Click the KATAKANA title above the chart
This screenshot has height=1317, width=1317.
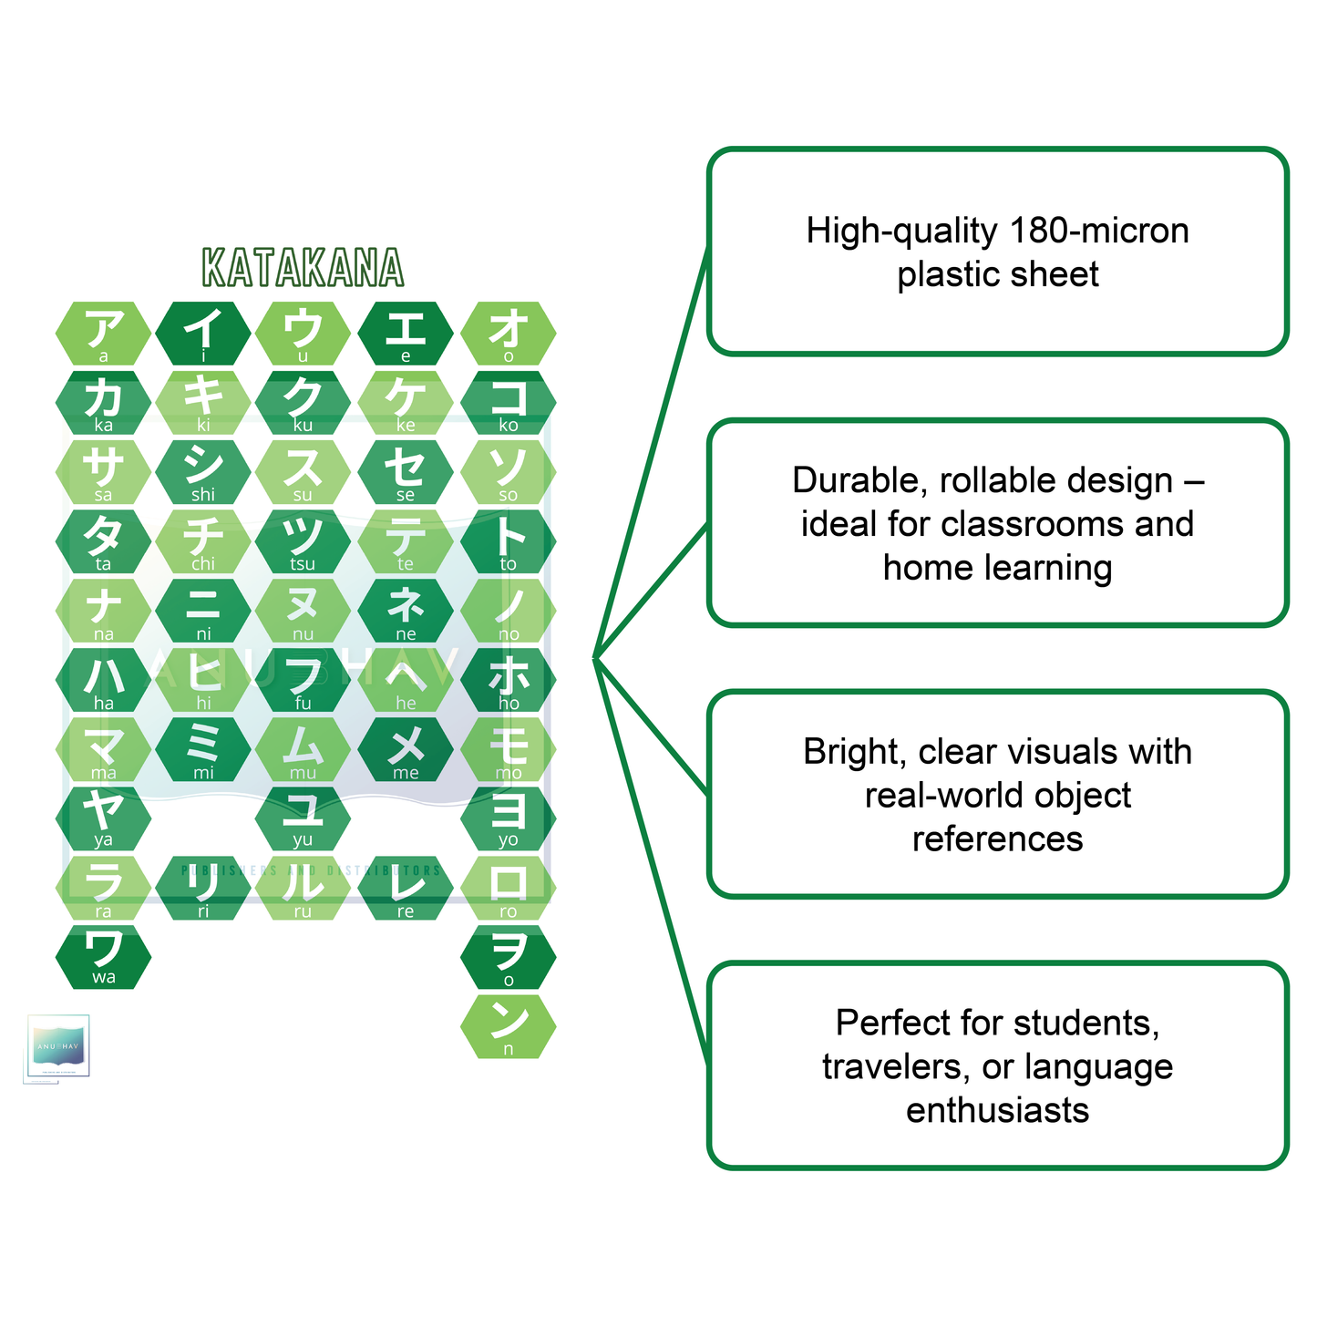click(x=303, y=268)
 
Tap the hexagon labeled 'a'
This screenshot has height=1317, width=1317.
click(x=103, y=334)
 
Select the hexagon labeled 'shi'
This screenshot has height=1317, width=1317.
click(x=203, y=472)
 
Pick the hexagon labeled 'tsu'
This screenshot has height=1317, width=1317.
click(x=303, y=541)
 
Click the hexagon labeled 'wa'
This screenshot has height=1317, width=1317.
click(x=103, y=957)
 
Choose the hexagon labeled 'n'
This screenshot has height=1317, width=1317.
click(x=508, y=1026)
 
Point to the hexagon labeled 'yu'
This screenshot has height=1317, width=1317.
click(x=303, y=818)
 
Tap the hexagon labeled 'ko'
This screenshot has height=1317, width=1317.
click(x=508, y=403)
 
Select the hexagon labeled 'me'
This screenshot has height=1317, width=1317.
click(x=406, y=749)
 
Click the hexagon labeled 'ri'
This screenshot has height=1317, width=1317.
click(x=203, y=888)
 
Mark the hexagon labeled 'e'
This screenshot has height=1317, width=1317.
click(x=406, y=334)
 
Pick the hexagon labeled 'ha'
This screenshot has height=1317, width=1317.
click(x=103, y=680)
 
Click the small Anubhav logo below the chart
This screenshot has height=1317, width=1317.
click(x=57, y=1048)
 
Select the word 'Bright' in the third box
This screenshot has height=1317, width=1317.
click(x=854, y=752)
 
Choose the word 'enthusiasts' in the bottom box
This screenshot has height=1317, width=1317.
click(x=997, y=1110)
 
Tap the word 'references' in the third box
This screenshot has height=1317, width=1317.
click(x=997, y=839)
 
